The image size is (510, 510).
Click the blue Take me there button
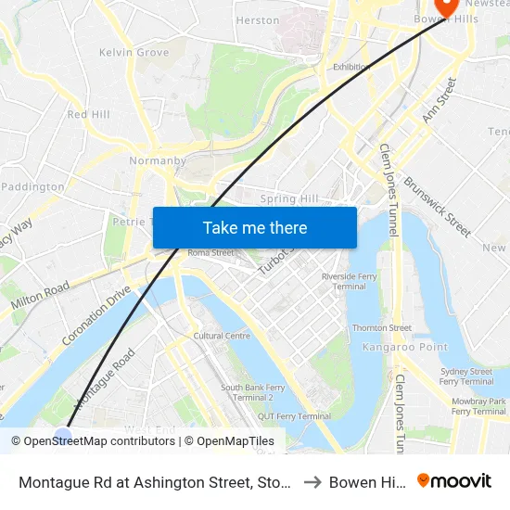[255, 227]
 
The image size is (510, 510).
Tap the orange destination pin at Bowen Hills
[446, 7]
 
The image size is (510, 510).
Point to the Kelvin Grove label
[134, 53]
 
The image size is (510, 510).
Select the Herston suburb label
[258, 20]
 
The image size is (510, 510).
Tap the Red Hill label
[88, 114]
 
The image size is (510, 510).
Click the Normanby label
[155, 160]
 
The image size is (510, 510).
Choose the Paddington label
[33, 186]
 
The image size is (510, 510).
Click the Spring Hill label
[289, 198]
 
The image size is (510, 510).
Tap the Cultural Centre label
[223, 336]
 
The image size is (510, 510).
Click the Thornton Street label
[382, 327]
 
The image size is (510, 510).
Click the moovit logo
[454, 481]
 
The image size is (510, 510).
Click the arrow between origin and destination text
[312, 482]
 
